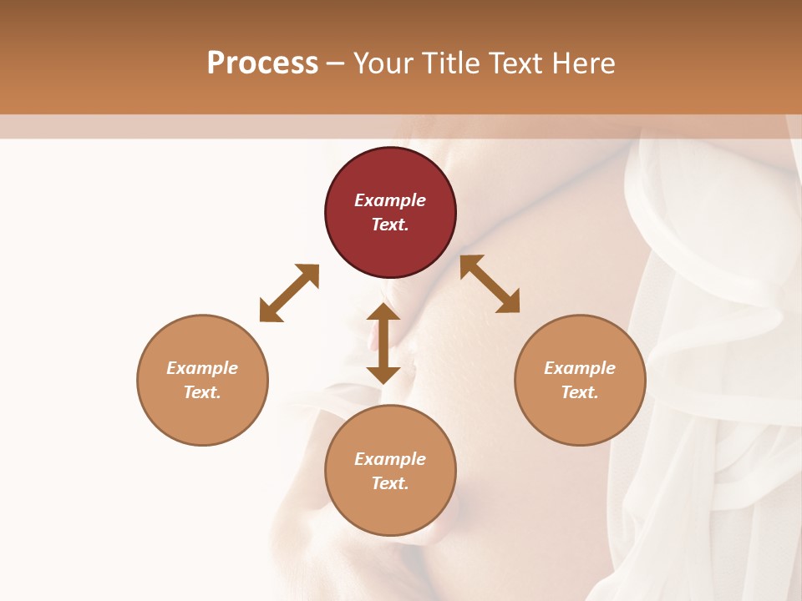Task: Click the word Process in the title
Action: [x=262, y=63]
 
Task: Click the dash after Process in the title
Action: [x=336, y=64]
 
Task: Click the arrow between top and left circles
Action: [x=289, y=293]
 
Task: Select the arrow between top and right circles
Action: [x=490, y=284]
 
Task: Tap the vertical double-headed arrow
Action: [x=383, y=343]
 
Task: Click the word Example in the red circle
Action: [x=390, y=200]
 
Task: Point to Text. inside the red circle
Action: [x=390, y=225]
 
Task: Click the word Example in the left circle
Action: [x=202, y=368]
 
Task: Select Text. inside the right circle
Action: [x=580, y=392]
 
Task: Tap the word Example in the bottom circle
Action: [x=390, y=459]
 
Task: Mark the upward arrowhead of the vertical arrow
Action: [x=383, y=313]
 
